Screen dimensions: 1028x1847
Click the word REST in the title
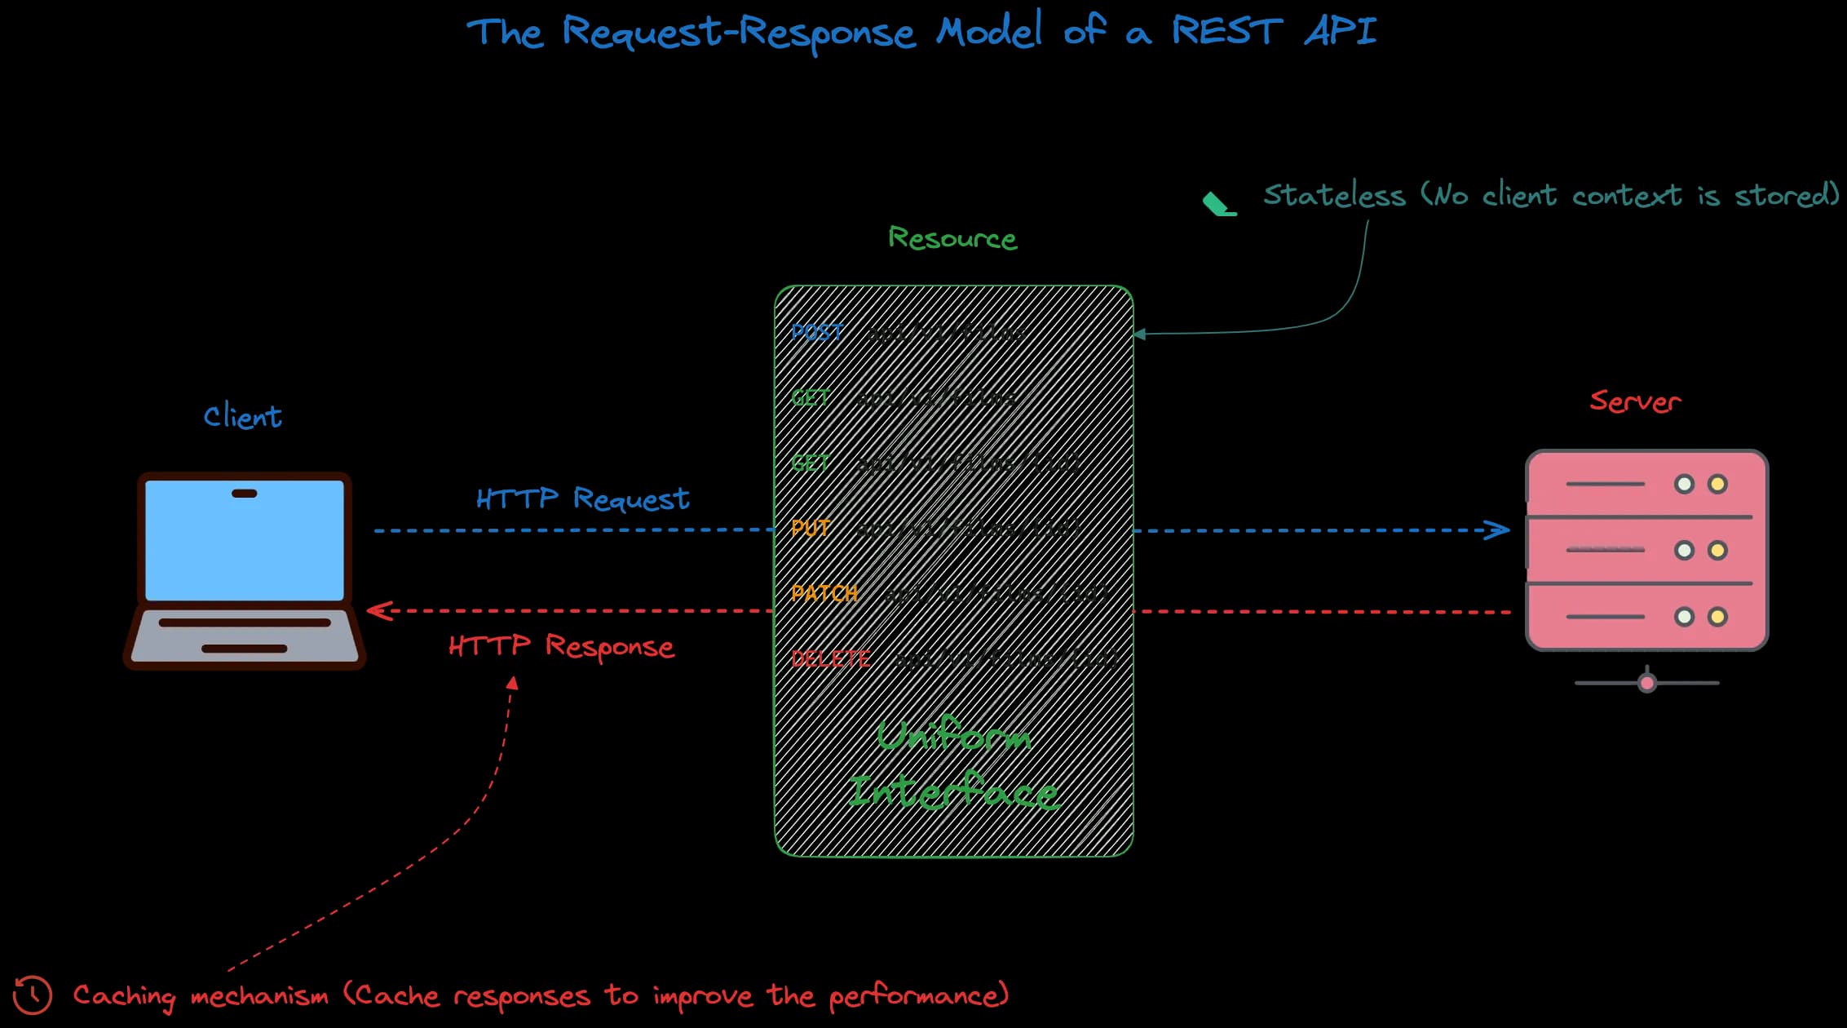point(1227,31)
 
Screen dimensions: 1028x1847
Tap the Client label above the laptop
point(242,417)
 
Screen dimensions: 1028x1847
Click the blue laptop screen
point(245,540)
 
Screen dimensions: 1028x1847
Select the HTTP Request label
point(582,498)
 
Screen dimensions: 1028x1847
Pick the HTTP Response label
point(561,646)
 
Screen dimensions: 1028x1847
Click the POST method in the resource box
point(817,332)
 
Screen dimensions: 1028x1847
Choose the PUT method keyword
point(811,528)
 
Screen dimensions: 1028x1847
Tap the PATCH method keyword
point(824,593)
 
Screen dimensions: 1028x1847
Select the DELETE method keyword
point(830,658)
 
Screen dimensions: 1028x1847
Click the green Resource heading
point(952,238)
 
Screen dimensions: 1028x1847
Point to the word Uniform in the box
point(953,736)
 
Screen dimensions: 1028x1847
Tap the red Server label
point(1635,401)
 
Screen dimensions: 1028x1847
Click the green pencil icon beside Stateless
point(1219,204)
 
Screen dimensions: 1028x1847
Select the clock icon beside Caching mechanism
point(33,995)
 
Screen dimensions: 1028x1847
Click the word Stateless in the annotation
point(1334,196)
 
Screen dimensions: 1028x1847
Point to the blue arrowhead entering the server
point(1499,530)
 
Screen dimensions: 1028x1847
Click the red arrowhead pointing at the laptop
point(378,610)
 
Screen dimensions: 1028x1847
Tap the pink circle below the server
point(1647,683)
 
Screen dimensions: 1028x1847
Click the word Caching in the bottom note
point(124,996)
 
